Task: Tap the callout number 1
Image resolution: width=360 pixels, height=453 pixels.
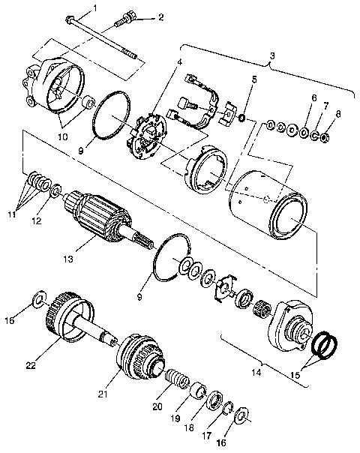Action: (94, 9)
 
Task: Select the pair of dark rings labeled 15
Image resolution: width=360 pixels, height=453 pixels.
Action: (325, 345)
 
